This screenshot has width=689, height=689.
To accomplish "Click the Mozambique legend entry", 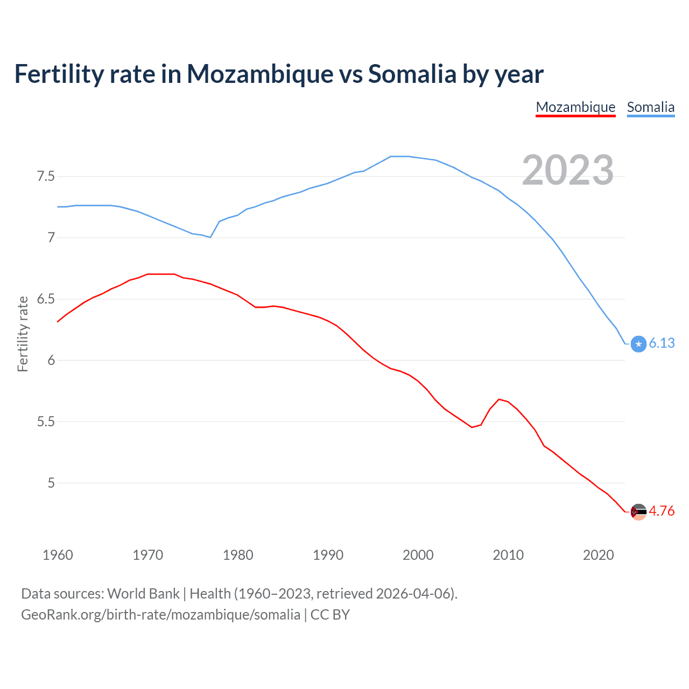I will point(575,107).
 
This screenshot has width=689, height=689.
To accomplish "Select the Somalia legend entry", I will point(650,107).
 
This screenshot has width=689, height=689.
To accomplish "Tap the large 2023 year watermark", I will point(567,170).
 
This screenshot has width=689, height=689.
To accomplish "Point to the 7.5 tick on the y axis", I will point(46,177).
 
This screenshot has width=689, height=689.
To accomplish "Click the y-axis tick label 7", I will point(51,237).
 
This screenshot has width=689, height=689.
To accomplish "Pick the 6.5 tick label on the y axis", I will point(46,299).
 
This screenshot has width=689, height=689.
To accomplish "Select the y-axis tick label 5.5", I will point(46,421).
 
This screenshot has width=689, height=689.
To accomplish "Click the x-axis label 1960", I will point(58,555).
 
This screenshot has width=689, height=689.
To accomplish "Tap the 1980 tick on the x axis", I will point(238,555).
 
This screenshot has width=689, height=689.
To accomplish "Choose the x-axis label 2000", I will point(418,555).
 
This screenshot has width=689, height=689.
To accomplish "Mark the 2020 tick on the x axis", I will point(598,555).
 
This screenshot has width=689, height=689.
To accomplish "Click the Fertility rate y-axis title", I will point(23,334).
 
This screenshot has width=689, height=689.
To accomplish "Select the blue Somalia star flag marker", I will point(638,344).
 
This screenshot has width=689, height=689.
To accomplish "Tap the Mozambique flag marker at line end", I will point(638,511).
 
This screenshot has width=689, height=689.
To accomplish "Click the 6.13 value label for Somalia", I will point(662,343).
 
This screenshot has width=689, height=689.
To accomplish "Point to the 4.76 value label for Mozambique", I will point(662,511).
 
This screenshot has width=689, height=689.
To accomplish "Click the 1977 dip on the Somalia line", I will point(210,237).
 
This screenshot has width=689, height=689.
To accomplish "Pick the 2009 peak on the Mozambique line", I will point(499,399).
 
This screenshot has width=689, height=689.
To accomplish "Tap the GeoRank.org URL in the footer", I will point(160,615).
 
